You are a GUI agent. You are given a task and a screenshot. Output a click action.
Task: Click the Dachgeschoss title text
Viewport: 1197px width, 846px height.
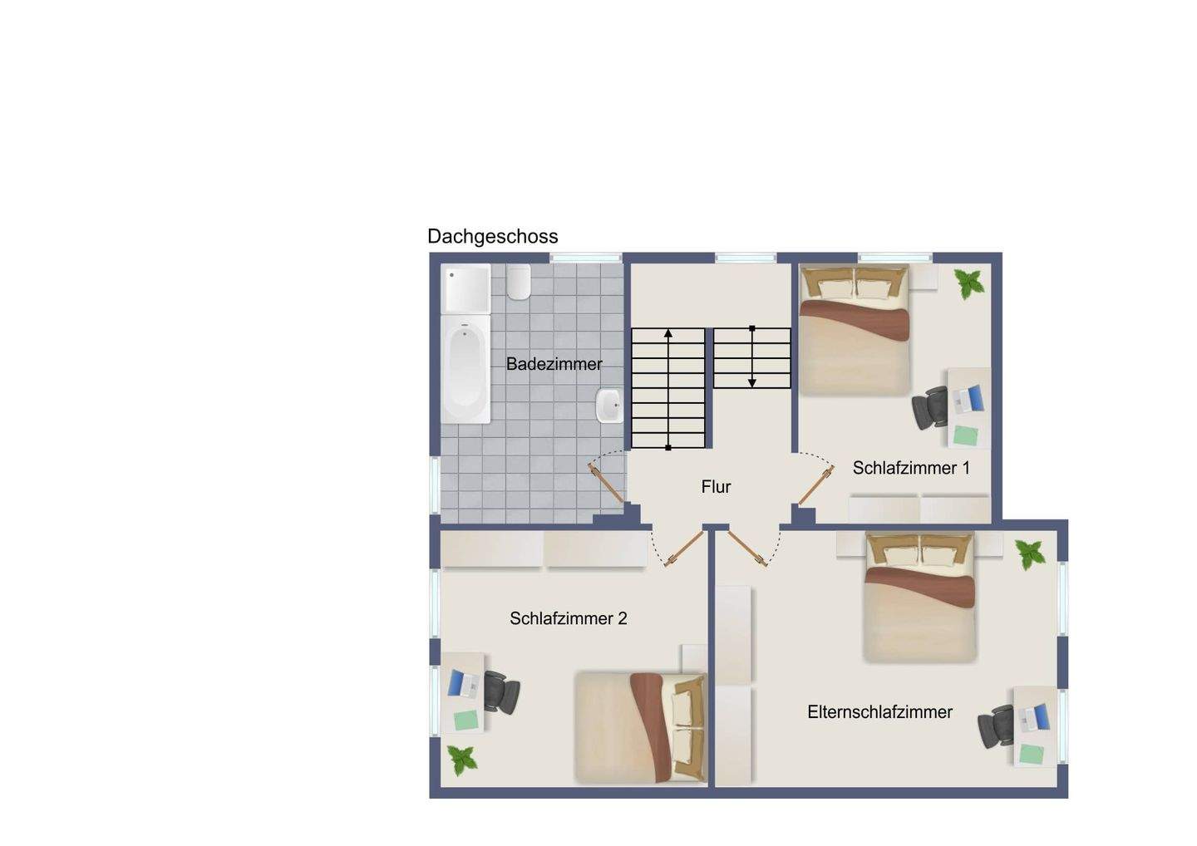click(492, 237)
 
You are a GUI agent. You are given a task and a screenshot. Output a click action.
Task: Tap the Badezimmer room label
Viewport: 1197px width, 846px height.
click(554, 364)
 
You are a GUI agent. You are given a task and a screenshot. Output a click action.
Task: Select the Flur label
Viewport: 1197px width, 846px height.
click(716, 487)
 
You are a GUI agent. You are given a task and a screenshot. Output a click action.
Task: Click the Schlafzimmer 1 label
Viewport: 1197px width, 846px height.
click(911, 468)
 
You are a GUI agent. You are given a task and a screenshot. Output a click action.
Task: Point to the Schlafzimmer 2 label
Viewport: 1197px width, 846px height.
click(569, 618)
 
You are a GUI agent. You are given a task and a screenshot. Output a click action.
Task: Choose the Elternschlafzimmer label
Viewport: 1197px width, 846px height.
click(879, 712)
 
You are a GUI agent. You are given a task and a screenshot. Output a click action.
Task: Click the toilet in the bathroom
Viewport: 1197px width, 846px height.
click(520, 283)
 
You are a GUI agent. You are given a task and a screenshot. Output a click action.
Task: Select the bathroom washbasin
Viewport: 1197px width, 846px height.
click(609, 406)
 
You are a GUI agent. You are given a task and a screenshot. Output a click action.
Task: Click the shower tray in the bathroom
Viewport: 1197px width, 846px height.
click(465, 288)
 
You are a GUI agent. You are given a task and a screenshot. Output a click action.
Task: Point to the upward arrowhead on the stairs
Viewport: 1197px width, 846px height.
click(668, 333)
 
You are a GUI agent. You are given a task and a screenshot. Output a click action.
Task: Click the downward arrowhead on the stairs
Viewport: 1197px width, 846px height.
click(751, 382)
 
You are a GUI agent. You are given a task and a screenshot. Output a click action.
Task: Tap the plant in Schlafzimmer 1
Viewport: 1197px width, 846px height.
click(968, 283)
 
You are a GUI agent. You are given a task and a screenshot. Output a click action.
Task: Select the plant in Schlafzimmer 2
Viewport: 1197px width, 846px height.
click(462, 759)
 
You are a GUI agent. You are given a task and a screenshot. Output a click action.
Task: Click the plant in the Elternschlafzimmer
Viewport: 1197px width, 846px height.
click(1030, 553)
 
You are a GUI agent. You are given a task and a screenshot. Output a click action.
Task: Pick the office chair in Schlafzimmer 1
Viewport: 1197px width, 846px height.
click(930, 407)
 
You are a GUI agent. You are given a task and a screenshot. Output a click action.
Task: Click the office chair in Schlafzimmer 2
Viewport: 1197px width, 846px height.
click(501, 691)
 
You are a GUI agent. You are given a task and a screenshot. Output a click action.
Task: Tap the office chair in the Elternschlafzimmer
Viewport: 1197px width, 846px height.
click(996, 725)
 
